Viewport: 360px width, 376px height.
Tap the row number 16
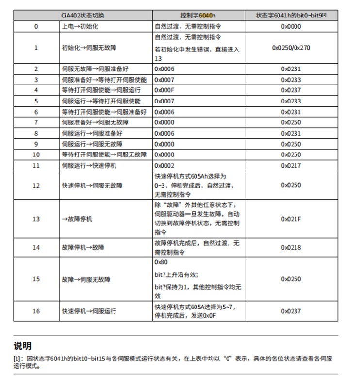[36, 311]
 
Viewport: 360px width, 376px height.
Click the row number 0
[36, 26]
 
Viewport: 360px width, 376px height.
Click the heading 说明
[22, 346]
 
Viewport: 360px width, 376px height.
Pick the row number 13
[36, 219]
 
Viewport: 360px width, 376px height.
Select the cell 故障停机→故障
[82, 247]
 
